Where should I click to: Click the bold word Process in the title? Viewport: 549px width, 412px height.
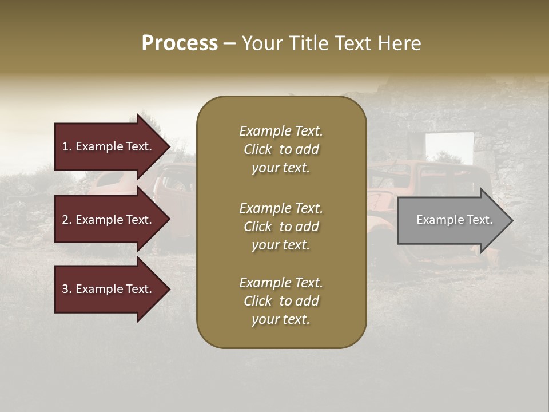tap(180, 43)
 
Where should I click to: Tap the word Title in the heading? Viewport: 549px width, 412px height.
tap(308, 43)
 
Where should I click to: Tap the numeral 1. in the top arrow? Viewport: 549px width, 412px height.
tap(67, 146)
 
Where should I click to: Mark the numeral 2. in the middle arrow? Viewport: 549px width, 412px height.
tap(67, 220)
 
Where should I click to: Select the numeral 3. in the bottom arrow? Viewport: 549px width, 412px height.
tap(67, 289)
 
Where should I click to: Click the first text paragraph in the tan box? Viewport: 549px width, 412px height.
tap(281, 149)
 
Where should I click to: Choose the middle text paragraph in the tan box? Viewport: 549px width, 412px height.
tap(281, 227)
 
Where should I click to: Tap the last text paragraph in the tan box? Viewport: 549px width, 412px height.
tap(281, 301)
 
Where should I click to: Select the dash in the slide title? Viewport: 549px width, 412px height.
tap(229, 43)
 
